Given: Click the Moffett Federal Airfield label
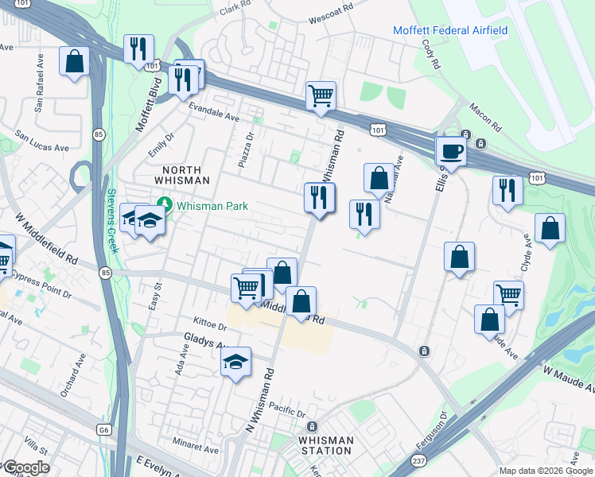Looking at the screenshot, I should (450, 31).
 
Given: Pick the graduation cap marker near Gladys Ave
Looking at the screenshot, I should (235, 362).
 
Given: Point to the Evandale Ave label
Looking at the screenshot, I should (214, 116).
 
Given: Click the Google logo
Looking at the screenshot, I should (25, 467).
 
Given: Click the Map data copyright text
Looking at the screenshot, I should (546, 471).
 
